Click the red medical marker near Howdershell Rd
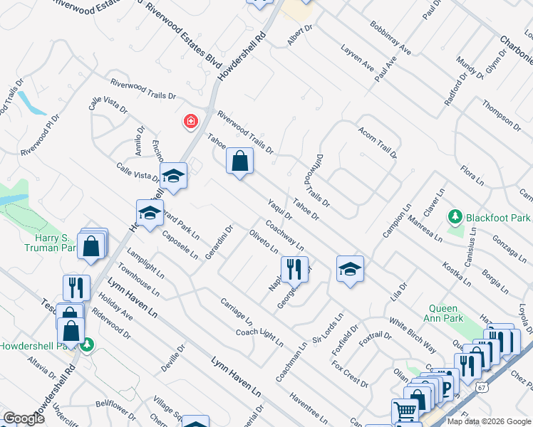click(190, 122)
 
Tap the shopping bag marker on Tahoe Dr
click(240, 161)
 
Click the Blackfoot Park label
click(498, 217)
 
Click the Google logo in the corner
click(24, 418)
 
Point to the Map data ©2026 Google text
click(489, 421)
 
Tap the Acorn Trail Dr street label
click(377, 140)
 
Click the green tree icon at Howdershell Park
click(88, 344)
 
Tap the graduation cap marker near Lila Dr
click(350, 268)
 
